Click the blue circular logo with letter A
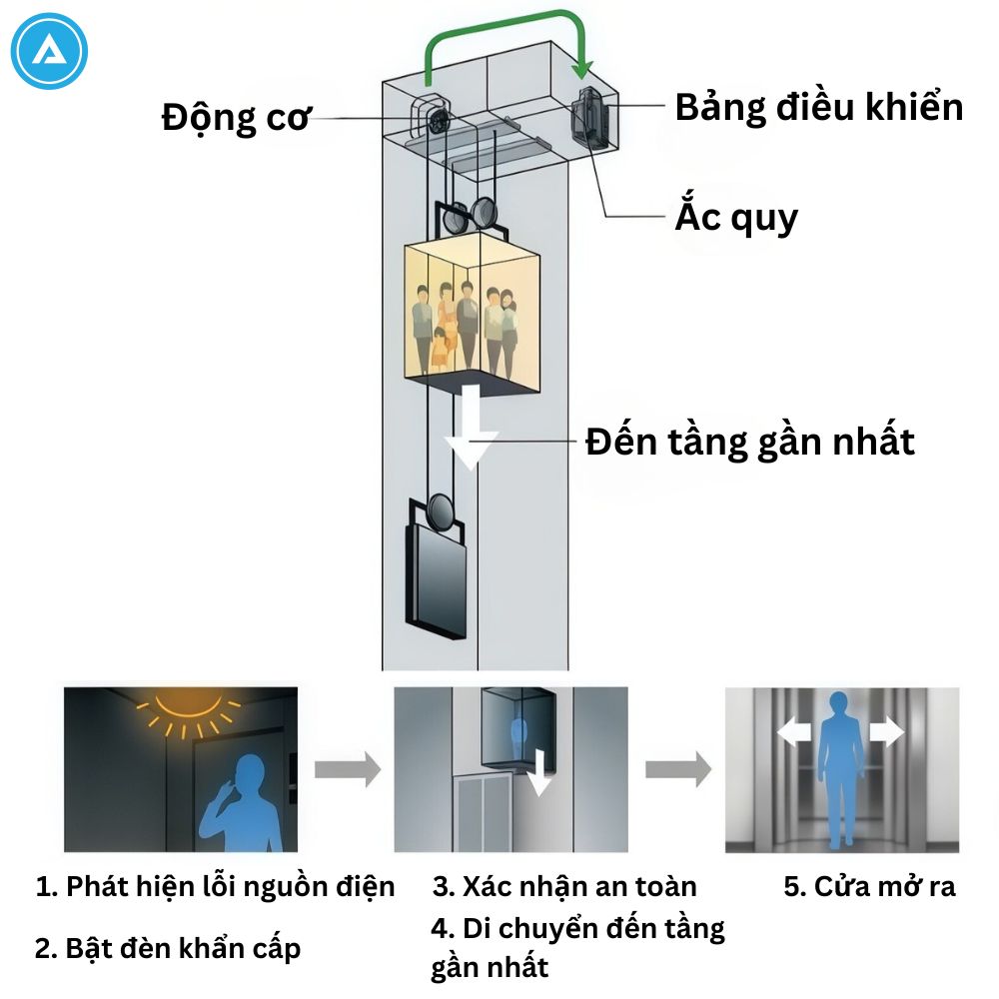coord(50,50)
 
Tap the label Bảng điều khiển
coord(819,107)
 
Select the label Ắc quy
coord(736,216)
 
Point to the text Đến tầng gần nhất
coord(749,441)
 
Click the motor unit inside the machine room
coord(434,118)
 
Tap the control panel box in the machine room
coord(590,117)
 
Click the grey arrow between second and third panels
coord(677,770)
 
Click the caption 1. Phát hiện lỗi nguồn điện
coord(215,886)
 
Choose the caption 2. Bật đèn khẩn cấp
coord(167,948)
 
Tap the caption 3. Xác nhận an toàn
coord(564,886)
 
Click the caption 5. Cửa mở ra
coord(869,886)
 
